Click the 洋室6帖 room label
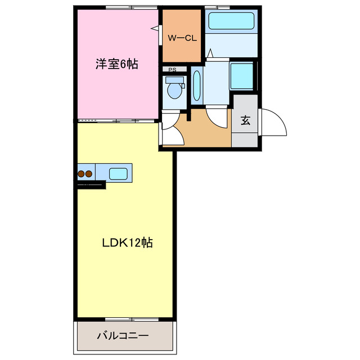pos(116,64)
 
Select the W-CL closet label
pos(182,38)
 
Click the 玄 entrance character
pos(246,120)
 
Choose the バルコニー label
pos(123,336)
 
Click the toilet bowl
pos(174,91)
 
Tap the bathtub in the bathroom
pos(231,21)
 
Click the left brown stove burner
pos(82,174)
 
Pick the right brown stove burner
pos(89,174)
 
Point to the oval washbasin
pos(196,85)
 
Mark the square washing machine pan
pos(242,76)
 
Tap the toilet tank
pos(171,80)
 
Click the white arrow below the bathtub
pos(210,53)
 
